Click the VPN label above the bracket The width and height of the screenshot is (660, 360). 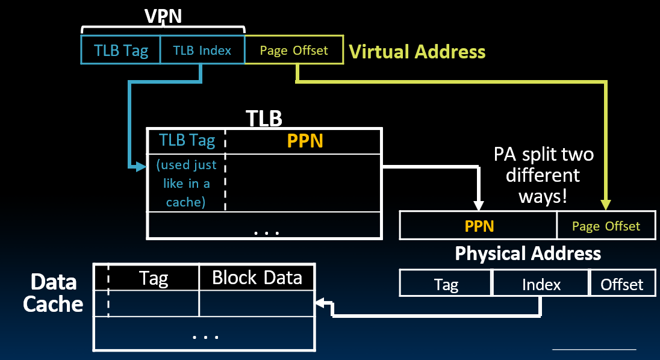pos(163,16)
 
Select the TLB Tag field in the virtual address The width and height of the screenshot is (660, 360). pos(120,50)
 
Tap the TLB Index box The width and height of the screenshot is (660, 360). pos(202,50)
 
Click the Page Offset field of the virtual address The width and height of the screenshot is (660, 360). pos(294,50)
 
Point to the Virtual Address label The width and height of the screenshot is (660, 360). pos(417,52)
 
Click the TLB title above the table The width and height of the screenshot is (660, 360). pos(264,119)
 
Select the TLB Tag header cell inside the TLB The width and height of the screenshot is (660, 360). pos(187,140)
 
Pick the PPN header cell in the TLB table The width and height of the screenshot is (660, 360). pos(304,140)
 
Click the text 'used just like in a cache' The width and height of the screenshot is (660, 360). pos(186,183)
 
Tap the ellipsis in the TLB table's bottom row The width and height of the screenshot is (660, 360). pos(264,231)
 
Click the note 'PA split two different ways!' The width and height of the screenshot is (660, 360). pos(543,175)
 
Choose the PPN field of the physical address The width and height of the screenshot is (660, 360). pos(479,226)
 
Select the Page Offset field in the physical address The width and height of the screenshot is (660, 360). pos(606,226)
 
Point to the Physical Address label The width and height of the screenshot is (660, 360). pos(528,253)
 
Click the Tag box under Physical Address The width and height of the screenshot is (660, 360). pos(446,284)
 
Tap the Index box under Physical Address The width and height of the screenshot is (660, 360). pos(541,284)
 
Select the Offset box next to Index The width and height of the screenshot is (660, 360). pos(622,284)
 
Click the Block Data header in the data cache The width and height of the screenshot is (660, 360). pos(257,278)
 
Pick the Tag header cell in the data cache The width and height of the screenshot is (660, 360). pos(154,278)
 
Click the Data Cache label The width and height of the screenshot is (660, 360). pos(53,293)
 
